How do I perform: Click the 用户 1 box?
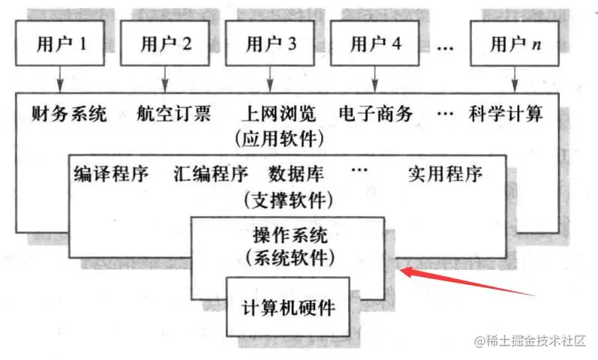(x=62, y=43)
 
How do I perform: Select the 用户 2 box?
(x=166, y=43)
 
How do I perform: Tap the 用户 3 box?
(x=271, y=43)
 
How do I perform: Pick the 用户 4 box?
(x=376, y=43)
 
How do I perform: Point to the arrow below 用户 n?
(x=513, y=79)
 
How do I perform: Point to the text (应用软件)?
(x=279, y=138)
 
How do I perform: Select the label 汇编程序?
(x=210, y=175)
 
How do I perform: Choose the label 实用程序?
(x=445, y=175)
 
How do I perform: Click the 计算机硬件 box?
(x=289, y=307)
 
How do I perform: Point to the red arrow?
(x=465, y=283)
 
